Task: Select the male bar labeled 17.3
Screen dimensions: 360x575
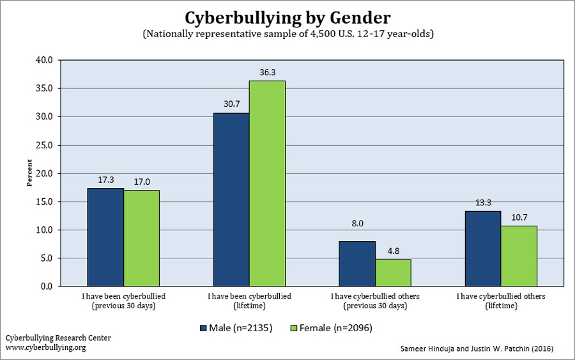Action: [x=105, y=237]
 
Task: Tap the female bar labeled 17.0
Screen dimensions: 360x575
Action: [x=142, y=238]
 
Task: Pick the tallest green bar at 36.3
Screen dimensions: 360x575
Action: [x=267, y=184]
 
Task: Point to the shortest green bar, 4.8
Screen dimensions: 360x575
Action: [x=393, y=272]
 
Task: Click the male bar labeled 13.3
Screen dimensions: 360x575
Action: [x=483, y=249]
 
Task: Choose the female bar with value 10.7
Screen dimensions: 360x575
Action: [x=519, y=256]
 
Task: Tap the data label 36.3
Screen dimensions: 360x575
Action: [x=268, y=73]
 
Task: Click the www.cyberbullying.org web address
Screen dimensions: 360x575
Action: [x=45, y=347]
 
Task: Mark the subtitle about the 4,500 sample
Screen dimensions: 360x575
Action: [x=287, y=34]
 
